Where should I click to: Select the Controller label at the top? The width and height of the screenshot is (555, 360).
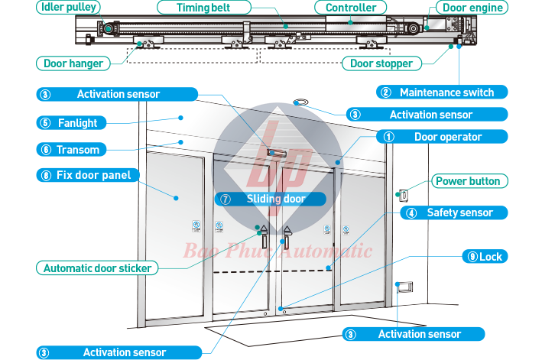pos(350,8)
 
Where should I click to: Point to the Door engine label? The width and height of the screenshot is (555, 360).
pos(473,8)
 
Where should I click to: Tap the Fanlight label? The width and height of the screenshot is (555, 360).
pos(80,122)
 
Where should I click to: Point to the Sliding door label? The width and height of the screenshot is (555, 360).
pos(274,199)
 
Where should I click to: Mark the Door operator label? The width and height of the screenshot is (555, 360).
pos(447,137)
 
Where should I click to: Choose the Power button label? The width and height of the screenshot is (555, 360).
pos(467,181)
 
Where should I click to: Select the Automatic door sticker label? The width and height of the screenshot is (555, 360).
pos(96,268)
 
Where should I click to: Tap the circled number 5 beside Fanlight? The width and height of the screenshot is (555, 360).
pos(45,122)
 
